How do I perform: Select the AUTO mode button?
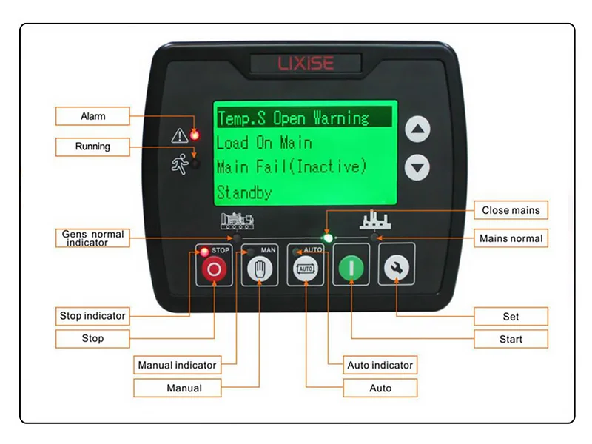(x=305, y=270)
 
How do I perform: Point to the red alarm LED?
(x=195, y=135)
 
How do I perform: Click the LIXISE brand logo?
(x=306, y=63)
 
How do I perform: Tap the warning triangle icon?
(x=179, y=135)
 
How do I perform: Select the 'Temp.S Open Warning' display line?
(x=293, y=118)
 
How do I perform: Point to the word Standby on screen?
(x=244, y=192)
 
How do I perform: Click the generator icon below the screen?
(x=237, y=221)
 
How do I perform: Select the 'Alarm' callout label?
(x=93, y=116)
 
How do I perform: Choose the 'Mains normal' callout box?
(x=511, y=238)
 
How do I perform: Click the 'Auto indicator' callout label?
(x=380, y=365)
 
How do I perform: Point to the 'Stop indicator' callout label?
(x=92, y=316)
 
